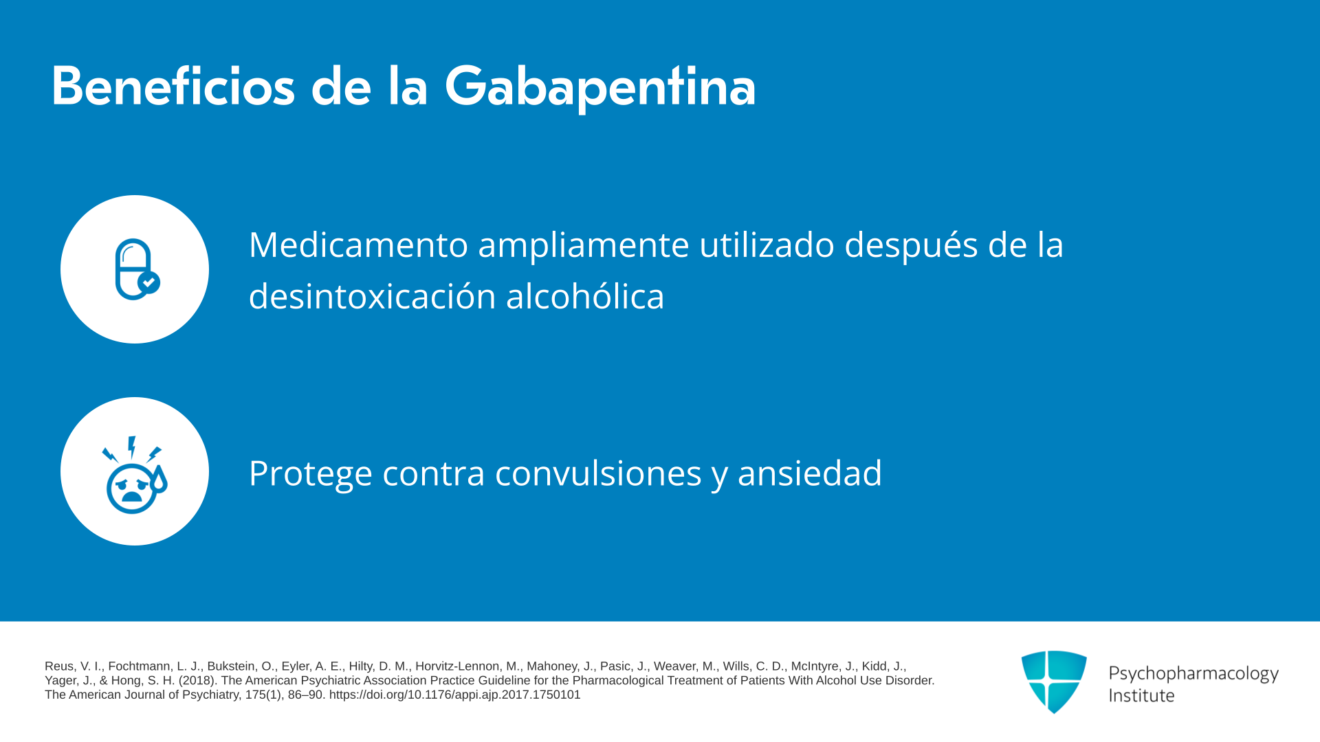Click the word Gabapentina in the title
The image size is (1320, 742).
coord(600,87)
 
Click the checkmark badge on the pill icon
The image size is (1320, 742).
coord(149,282)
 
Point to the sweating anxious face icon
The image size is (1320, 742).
coord(134,475)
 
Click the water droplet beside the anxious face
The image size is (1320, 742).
coord(159,479)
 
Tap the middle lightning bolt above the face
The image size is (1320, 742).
coord(131,447)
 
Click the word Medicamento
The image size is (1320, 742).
coord(358,245)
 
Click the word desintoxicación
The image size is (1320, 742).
coord(373,297)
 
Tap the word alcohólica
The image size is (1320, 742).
coord(585,297)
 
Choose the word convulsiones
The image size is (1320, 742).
coord(598,473)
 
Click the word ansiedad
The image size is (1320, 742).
coord(810,473)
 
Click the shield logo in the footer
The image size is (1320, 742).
coord(1054,682)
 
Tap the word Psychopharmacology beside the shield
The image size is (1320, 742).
coord(1193,674)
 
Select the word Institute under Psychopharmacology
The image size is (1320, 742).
coord(1141,695)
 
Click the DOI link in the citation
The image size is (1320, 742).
coord(454,695)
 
